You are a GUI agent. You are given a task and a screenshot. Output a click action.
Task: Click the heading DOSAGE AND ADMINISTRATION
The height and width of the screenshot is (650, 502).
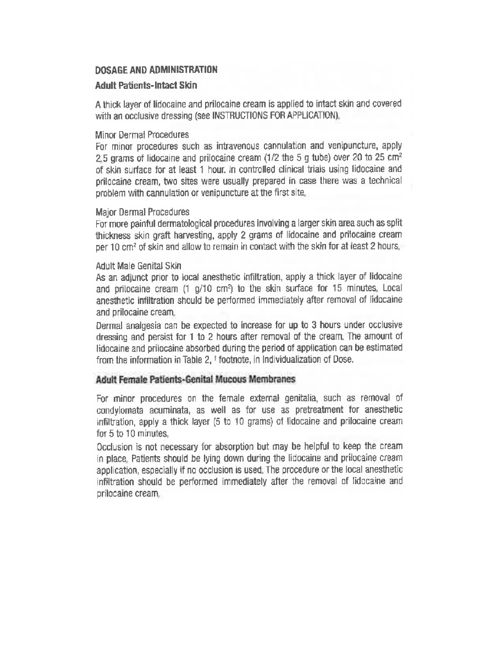(156, 70)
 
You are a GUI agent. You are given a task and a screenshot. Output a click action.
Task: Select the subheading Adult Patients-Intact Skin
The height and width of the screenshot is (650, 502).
(146, 85)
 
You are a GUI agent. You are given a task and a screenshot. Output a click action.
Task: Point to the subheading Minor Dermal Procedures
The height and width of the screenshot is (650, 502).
(142, 135)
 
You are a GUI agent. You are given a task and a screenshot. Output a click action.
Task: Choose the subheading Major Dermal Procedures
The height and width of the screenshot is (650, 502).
(143, 212)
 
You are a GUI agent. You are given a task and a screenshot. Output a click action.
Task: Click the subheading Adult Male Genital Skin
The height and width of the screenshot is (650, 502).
(138, 266)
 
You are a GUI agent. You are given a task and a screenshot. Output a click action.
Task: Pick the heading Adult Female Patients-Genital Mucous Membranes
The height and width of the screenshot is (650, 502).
(196, 380)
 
